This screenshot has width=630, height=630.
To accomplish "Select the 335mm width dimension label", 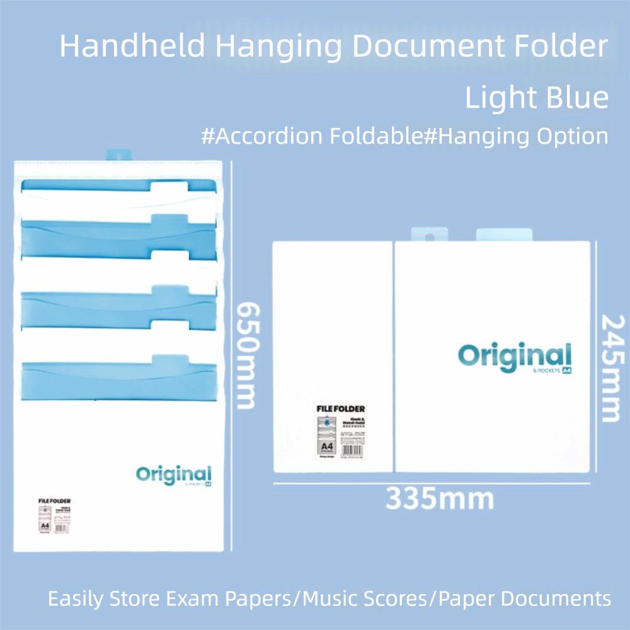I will [440, 498].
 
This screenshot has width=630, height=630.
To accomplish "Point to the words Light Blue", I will [537, 97].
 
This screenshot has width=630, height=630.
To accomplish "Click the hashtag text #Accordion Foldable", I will [311, 135].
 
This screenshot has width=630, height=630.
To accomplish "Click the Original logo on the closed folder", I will [514, 357].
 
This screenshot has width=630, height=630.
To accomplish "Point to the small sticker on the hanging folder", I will [54, 515].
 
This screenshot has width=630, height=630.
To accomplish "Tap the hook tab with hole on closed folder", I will [430, 234].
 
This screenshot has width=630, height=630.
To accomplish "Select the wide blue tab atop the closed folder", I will [504, 234].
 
